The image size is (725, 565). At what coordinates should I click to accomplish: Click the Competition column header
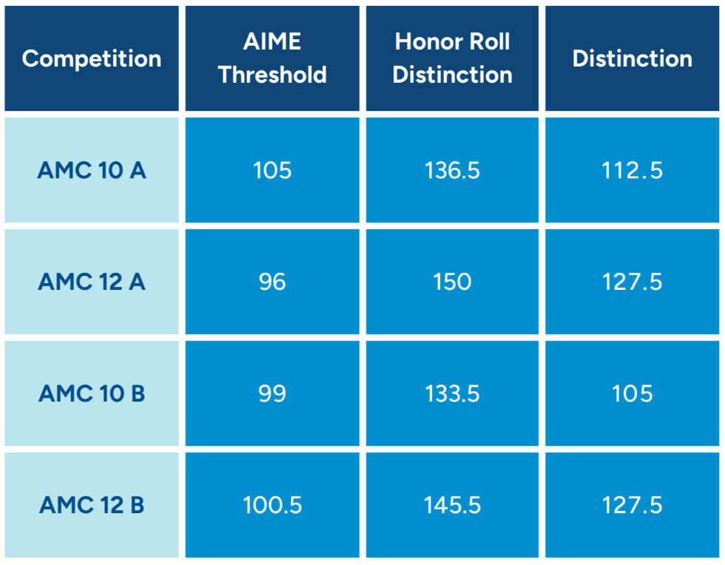(92, 59)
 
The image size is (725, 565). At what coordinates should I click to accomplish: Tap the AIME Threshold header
(272, 59)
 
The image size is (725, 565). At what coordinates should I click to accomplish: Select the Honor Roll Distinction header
(452, 59)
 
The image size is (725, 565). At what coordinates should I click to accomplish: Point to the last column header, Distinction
(633, 59)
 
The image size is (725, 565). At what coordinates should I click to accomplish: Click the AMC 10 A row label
(92, 171)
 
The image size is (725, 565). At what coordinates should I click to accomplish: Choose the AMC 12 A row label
(92, 282)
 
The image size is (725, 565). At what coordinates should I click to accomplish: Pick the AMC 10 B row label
(92, 393)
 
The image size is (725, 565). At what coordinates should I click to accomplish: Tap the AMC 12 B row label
(92, 505)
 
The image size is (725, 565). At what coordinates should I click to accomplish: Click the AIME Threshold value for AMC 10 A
(272, 171)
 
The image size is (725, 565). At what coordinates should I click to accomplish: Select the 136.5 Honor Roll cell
(452, 171)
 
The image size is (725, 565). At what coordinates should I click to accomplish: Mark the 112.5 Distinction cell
(633, 171)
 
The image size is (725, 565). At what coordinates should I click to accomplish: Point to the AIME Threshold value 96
(272, 282)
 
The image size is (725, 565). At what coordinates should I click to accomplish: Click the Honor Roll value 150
(452, 282)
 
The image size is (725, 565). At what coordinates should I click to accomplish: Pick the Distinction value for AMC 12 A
(633, 282)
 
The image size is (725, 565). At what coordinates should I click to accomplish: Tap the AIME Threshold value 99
(272, 393)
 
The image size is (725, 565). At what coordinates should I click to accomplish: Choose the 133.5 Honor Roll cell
(452, 393)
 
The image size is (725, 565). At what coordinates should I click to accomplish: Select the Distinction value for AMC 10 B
(633, 393)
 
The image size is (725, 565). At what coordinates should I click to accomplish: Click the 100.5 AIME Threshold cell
(272, 505)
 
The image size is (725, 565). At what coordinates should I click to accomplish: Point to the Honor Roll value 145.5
(452, 505)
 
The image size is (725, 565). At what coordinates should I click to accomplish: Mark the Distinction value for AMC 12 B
(633, 505)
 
